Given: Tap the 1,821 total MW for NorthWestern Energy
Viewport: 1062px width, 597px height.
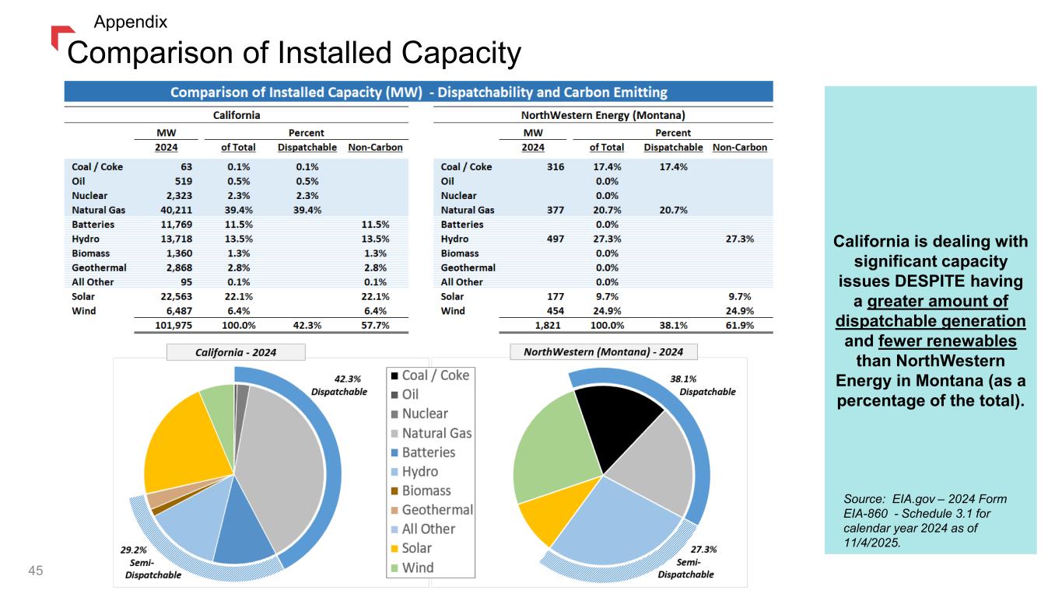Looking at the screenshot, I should pos(549,326).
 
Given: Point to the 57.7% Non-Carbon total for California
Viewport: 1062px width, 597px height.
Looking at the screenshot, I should pos(374,326).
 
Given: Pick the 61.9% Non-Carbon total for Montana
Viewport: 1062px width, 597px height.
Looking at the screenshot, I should pos(738,326).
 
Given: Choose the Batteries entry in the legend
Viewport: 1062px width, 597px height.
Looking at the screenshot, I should pos(428,452).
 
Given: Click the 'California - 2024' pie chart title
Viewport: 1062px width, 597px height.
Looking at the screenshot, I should pos(236,353).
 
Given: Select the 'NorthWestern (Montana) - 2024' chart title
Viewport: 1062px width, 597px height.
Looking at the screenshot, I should pos(604,352).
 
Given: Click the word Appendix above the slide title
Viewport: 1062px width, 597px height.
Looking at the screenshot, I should pos(131,22).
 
